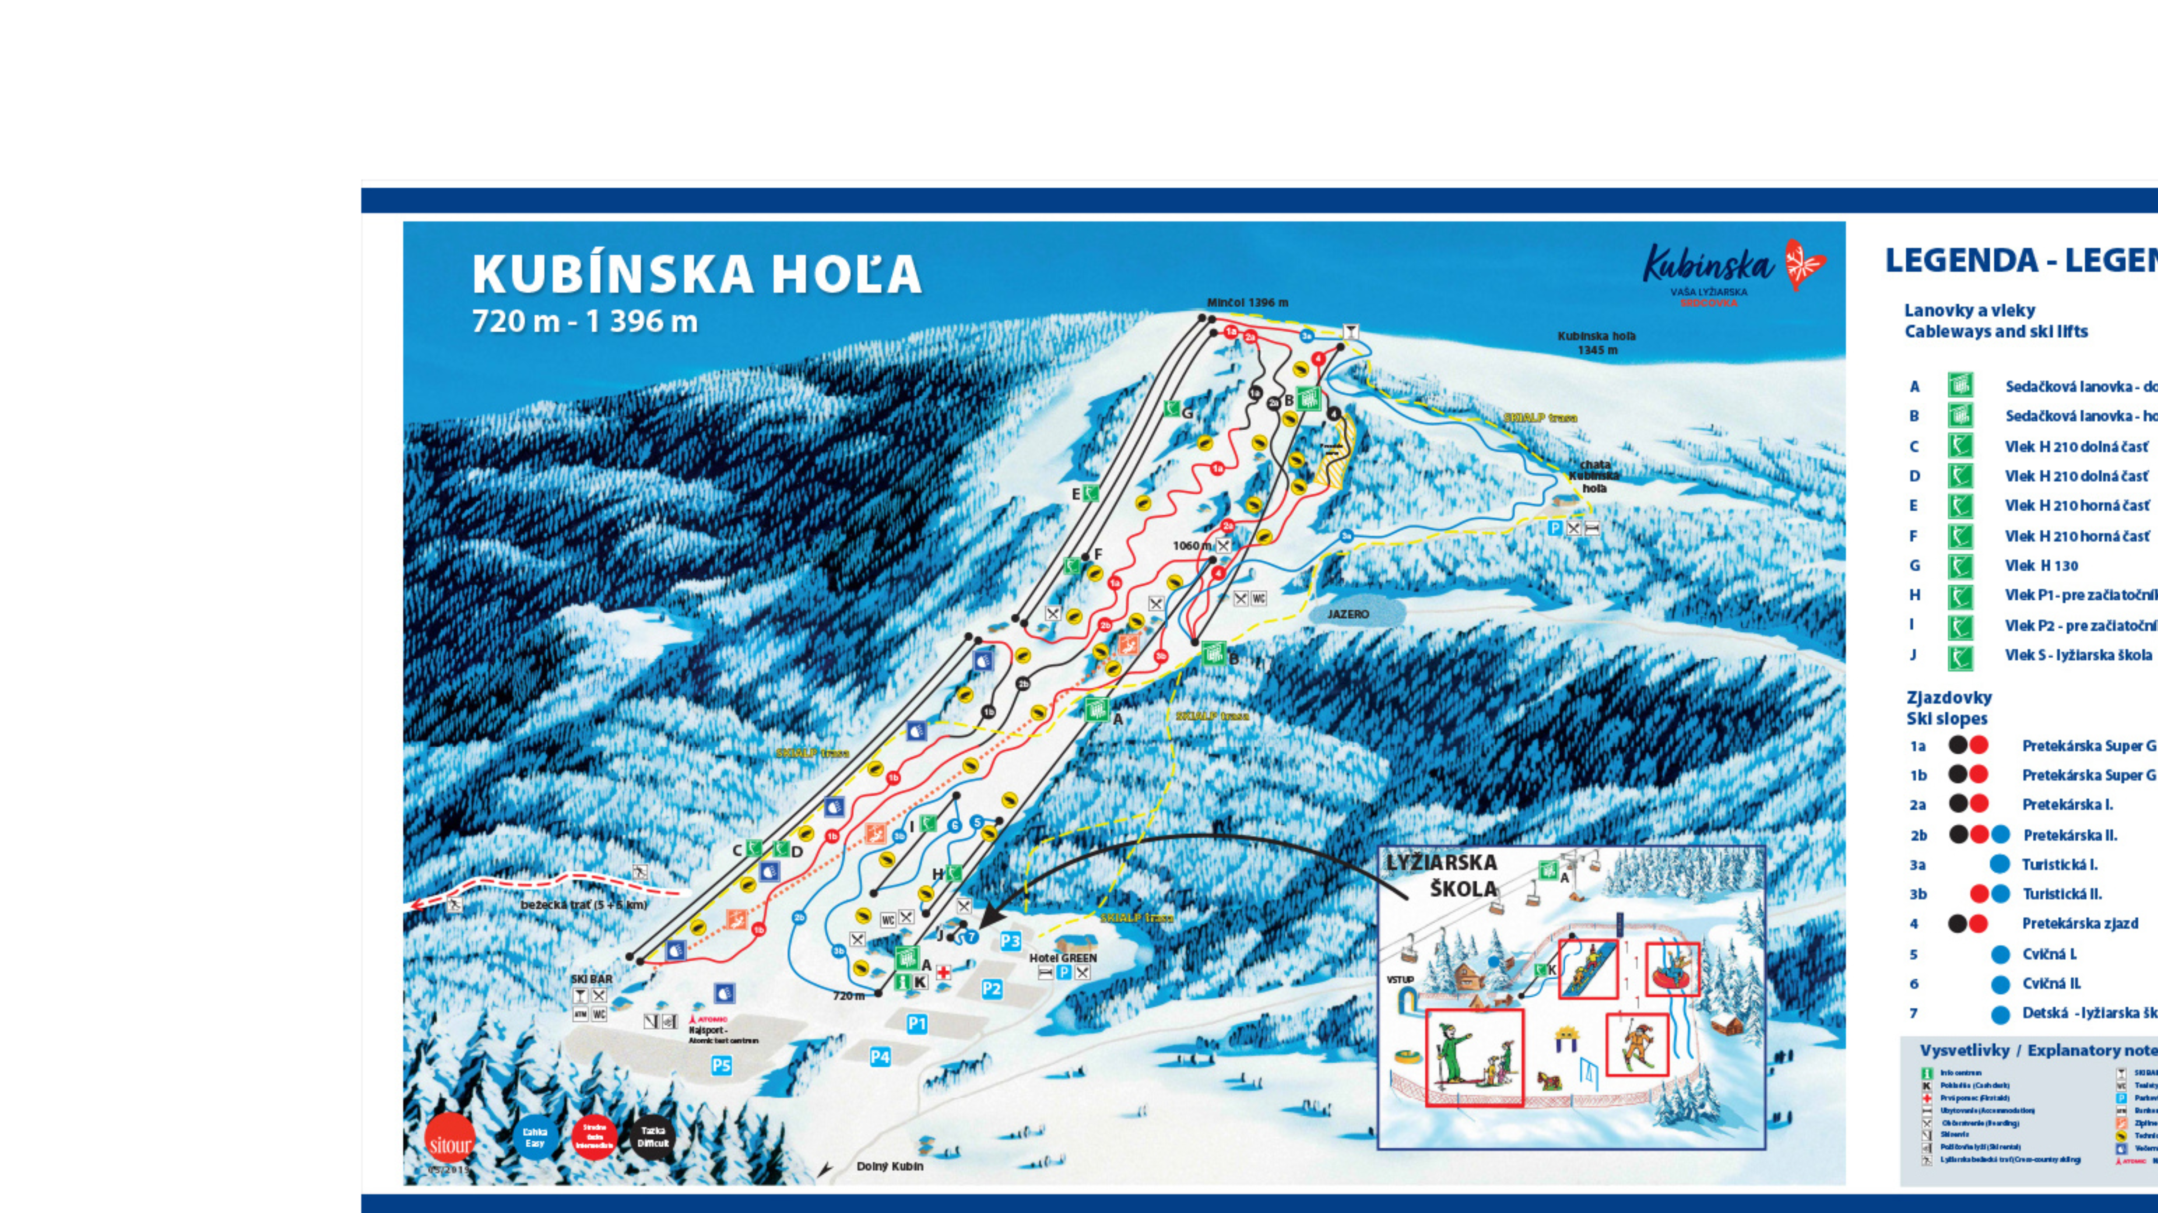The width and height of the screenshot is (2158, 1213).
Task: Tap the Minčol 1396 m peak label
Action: pos(1247,303)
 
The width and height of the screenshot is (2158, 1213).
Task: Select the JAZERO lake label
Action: pos(1348,614)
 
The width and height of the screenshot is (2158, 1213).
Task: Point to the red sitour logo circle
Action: pos(450,1143)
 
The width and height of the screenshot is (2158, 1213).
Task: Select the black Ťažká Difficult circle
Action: pos(653,1137)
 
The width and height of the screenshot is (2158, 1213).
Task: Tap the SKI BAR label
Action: pos(592,978)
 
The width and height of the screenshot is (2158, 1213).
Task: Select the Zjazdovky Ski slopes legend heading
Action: pos(1949,708)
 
